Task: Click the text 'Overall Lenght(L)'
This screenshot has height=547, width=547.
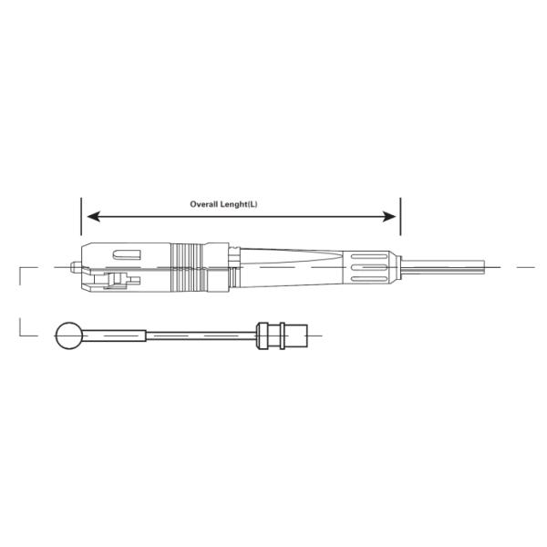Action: coord(223,204)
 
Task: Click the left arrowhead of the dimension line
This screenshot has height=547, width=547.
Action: coord(88,216)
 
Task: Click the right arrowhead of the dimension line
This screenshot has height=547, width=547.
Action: coord(393,216)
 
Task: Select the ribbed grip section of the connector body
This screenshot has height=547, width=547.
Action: coord(188,266)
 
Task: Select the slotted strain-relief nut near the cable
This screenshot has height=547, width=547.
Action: coord(369,267)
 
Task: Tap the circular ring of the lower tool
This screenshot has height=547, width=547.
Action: coord(68,337)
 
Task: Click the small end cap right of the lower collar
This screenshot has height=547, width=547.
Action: coord(297,337)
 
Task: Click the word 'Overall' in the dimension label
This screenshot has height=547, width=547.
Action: coord(203,204)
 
